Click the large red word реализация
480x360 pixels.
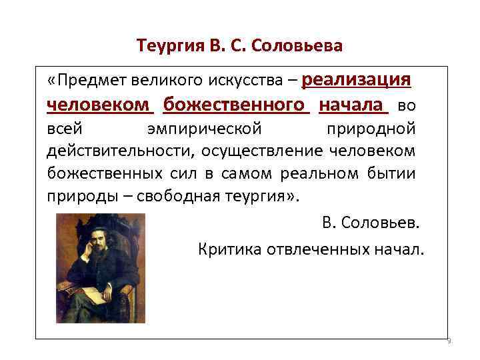point(356,80)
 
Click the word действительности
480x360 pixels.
point(117,151)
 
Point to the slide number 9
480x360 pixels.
point(448,341)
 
